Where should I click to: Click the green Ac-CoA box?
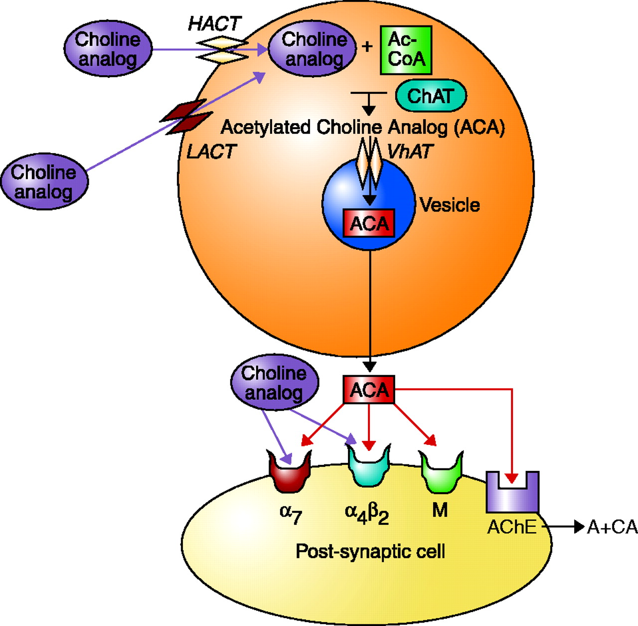pos(406,50)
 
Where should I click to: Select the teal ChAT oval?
pos(431,96)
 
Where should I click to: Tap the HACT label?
pos(214,23)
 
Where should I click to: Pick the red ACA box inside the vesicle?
pos(369,223)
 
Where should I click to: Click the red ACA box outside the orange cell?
pos(369,390)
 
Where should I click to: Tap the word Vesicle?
pos(450,205)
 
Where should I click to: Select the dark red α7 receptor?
pos(290,471)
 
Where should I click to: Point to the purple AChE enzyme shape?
pos(512,493)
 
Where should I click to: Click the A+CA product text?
pos(612,527)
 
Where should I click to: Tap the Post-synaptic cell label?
pos(370,552)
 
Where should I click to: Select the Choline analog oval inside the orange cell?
pos(313,49)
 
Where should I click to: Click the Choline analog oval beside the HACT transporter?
pos(108,49)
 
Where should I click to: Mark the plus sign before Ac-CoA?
pos(367,47)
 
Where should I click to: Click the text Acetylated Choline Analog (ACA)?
pos(362,128)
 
